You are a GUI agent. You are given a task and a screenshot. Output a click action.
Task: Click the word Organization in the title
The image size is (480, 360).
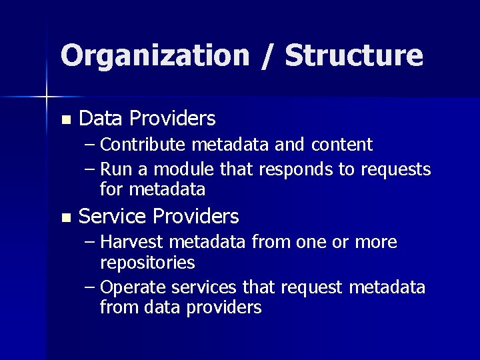click(153, 56)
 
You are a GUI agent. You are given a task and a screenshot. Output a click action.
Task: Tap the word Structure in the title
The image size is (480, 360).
click(354, 56)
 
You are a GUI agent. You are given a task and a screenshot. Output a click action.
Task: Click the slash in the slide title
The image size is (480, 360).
click(267, 56)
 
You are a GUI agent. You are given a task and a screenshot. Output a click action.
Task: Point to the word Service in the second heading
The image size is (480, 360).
click(113, 217)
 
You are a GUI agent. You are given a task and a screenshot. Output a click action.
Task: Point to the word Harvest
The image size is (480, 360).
click(135, 242)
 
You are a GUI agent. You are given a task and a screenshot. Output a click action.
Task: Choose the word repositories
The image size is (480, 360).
click(147, 263)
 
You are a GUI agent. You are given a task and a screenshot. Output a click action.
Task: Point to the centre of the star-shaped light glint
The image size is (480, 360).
click(46, 97)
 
